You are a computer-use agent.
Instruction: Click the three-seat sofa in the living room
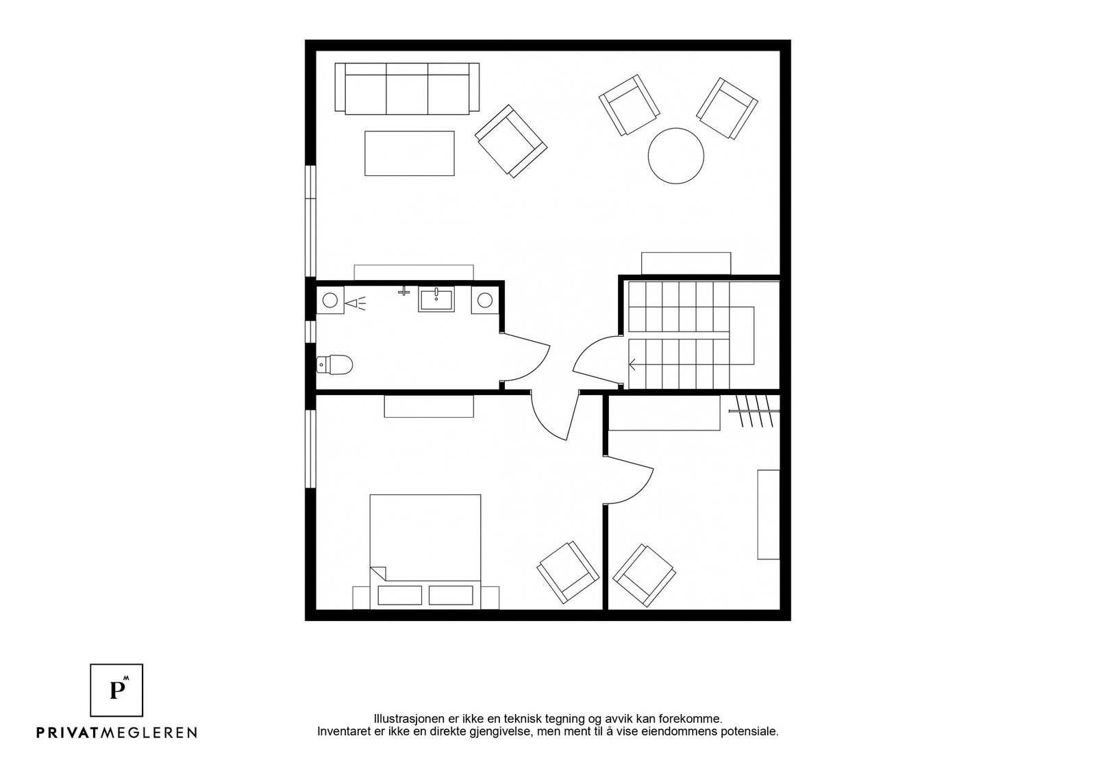(407, 88)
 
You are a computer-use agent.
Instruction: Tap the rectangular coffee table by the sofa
(409, 153)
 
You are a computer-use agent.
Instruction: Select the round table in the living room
(675, 155)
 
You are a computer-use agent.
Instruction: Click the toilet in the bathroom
(335, 365)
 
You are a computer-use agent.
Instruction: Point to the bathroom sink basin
(436, 300)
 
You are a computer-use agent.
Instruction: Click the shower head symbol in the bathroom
(355, 302)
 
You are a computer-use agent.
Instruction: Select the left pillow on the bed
(399, 595)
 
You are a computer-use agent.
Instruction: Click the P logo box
(116, 689)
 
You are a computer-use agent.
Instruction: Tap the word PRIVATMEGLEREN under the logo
(116, 733)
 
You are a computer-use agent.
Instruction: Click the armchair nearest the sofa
(511, 141)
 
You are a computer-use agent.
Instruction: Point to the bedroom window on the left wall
(310, 448)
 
